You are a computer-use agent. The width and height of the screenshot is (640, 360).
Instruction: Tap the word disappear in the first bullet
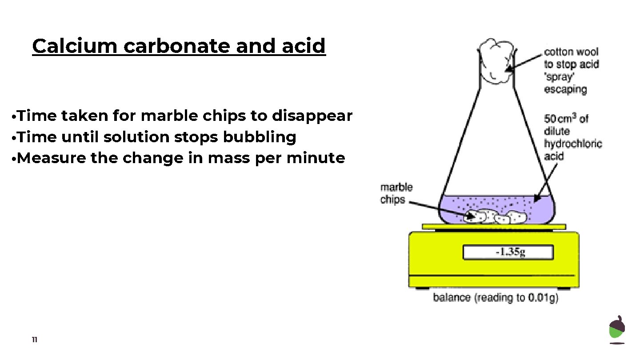312,116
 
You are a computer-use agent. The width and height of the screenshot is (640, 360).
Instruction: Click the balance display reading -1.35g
508,252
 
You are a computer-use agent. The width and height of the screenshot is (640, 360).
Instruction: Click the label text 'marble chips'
396,193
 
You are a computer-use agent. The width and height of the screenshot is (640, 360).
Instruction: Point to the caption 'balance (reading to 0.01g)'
496,298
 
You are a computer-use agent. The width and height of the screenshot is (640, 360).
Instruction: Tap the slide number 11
35,340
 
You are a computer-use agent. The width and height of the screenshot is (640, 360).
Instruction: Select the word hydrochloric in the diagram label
573,144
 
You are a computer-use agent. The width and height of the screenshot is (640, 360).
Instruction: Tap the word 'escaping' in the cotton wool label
565,89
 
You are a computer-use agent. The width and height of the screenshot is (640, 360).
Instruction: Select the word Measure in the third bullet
51,158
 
